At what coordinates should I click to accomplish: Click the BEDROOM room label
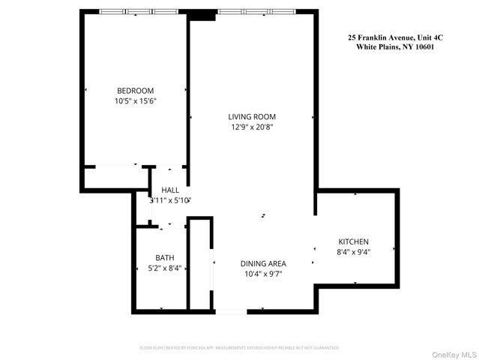pyautogui.click(x=136, y=90)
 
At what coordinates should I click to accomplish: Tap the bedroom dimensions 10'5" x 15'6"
pyautogui.click(x=136, y=100)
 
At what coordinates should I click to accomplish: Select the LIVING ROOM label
pyautogui.click(x=252, y=116)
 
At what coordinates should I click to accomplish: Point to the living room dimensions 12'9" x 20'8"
pyautogui.click(x=252, y=127)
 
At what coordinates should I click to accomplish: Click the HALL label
pyautogui.click(x=170, y=190)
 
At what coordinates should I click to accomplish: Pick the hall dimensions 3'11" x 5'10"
pyautogui.click(x=171, y=200)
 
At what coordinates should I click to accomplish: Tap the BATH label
pyautogui.click(x=164, y=257)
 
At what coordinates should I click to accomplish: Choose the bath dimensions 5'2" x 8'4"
pyautogui.click(x=164, y=268)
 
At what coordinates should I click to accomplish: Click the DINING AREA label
pyautogui.click(x=263, y=263)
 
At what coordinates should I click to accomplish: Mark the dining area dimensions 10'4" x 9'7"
pyautogui.click(x=263, y=274)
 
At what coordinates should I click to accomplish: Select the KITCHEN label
pyautogui.click(x=354, y=241)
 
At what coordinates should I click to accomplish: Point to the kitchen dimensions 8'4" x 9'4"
pyautogui.click(x=354, y=252)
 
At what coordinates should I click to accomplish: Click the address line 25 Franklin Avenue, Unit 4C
pyautogui.click(x=395, y=37)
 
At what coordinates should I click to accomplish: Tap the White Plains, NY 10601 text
pyautogui.click(x=395, y=46)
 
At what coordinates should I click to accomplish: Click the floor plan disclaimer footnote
pyautogui.click(x=239, y=348)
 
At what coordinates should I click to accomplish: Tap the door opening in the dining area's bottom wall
pyautogui.click(x=230, y=310)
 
